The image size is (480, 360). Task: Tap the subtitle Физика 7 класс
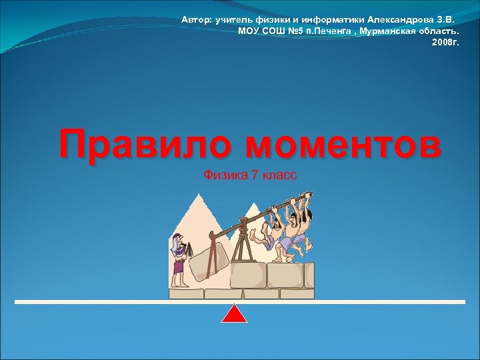(250, 175)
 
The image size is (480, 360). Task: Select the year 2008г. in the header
(446, 42)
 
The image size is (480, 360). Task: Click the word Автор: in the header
(197, 20)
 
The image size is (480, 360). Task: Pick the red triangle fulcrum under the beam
(234, 314)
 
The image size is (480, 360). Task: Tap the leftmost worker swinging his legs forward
(265, 233)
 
